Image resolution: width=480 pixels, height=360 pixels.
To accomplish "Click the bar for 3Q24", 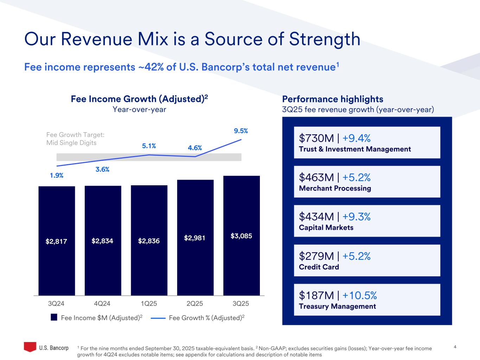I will click(x=57, y=241).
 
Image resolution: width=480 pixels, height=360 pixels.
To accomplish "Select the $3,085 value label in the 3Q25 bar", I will click(x=241, y=236).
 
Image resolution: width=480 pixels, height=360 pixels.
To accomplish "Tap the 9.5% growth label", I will click(x=241, y=131).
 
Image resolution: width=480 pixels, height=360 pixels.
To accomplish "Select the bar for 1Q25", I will click(x=149, y=241).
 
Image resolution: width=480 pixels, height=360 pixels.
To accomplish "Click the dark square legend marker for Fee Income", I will click(x=54, y=317).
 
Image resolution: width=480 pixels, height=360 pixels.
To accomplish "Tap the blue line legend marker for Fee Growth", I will click(x=158, y=318).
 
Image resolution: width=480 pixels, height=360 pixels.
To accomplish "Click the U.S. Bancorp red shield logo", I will click(x=30, y=347).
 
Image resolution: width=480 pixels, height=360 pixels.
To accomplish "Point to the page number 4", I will click(x=455, y=347).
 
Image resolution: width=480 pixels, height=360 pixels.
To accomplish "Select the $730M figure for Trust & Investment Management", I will click(x=315, y=138).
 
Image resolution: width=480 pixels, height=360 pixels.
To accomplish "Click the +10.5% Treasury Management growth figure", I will click(x=359, y=295).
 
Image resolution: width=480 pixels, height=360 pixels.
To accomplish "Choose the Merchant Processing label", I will click(x=335, y=188).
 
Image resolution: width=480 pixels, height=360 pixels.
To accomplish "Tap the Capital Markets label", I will click(x=326, y=227).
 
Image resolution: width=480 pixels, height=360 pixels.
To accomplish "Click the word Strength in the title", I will click(x=325, y=39).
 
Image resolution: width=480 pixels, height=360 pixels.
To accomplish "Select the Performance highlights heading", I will click(x=333, y=99).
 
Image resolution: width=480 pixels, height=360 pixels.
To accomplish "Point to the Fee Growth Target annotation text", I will click(x=75, y=139).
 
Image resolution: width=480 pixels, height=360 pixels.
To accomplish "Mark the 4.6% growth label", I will click(x=195, y=148).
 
